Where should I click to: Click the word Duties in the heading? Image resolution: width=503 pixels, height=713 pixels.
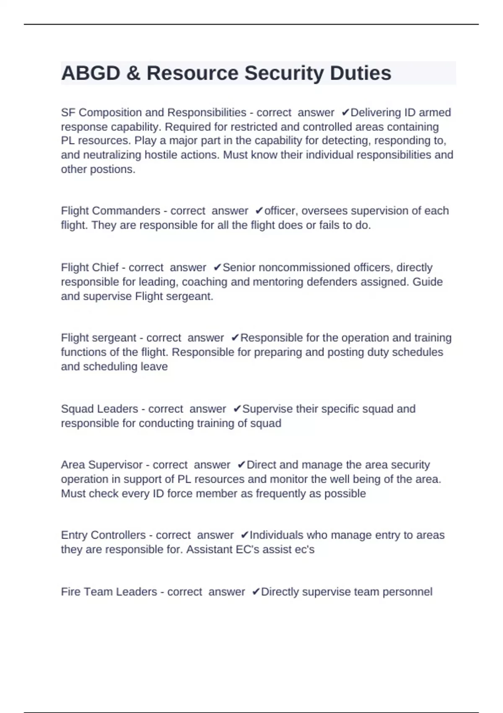pyautogui.click(x=360, y=73)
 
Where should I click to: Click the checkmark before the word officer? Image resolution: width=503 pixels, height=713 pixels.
pyautogui.click(x=259, y=211)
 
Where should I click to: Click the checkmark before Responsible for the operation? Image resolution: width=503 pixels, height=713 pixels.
pyautogui.click(x=235, y=338)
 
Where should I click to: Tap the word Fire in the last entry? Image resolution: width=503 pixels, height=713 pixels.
pyautogui.click(x=70, y=592)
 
